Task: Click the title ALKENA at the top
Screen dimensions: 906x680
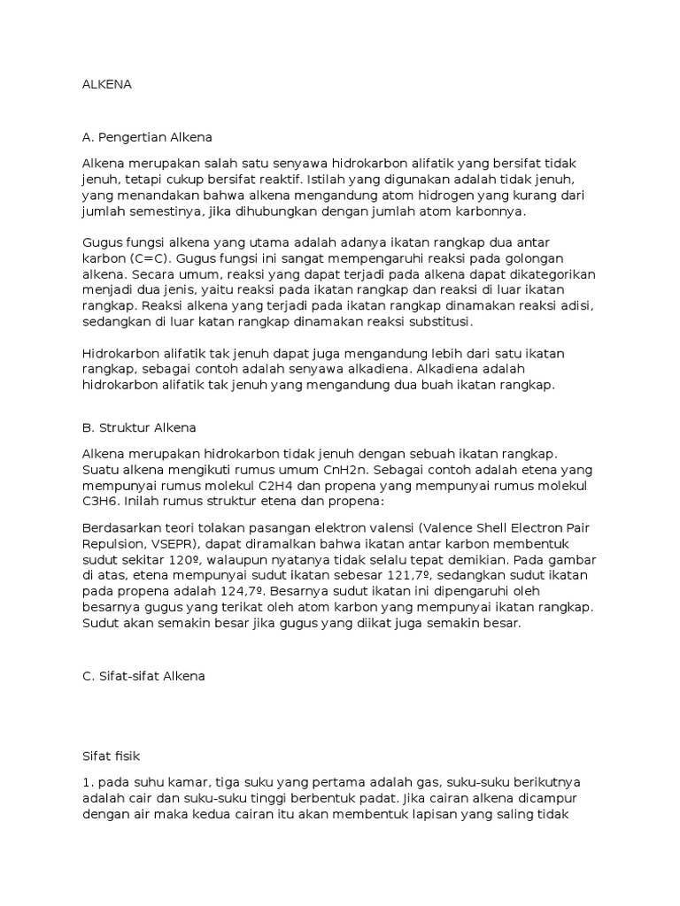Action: tap(106, 87)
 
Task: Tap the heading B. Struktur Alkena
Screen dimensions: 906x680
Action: tap(139, 427)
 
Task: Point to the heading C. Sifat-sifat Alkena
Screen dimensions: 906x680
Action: tap(143, 676)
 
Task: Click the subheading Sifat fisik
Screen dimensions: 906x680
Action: tap(111, 756)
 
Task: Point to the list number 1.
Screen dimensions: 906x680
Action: tap(87, 784)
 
